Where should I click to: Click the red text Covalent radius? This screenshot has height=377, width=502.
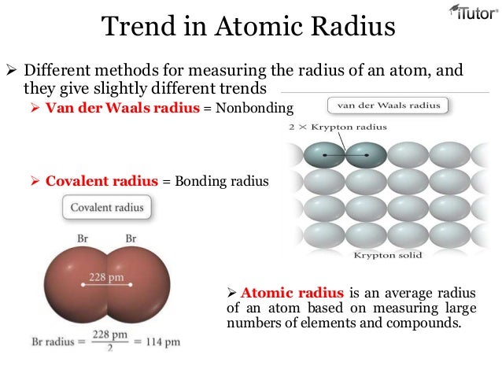(102, 181)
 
